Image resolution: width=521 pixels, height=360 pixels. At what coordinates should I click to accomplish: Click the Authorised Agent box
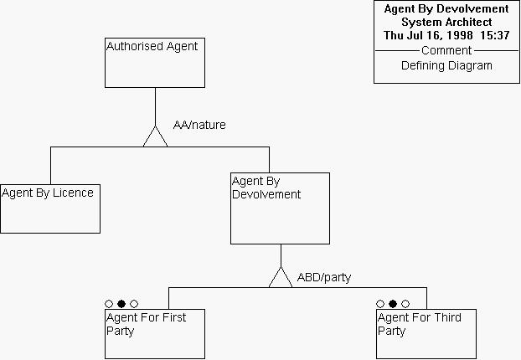click(155, 62)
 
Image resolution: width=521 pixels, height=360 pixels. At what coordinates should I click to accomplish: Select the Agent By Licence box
click(50, 208)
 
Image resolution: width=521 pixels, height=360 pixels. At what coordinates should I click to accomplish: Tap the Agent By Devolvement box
click(281, 208)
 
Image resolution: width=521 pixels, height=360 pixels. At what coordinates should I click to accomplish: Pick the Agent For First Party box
click(155, 334)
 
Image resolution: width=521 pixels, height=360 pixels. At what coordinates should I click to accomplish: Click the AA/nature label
click(199, 126)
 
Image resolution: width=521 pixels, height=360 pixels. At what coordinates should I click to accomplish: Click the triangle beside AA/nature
click(156, 137)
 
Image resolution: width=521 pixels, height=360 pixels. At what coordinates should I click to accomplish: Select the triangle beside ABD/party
click(281, 278)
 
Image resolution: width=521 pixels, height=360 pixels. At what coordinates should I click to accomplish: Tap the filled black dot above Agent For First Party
click(121, 304)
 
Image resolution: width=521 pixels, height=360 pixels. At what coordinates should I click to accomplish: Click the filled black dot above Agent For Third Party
click(393, 304)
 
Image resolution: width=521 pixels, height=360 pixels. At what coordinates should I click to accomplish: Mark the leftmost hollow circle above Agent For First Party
click(109, 304)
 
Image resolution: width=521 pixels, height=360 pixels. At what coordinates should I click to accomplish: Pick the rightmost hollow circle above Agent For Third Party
click(405, 304)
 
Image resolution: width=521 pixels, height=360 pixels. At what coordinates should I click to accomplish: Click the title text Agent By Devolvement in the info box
click(446, 9)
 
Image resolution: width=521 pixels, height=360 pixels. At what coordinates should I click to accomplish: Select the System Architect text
click(446, 22)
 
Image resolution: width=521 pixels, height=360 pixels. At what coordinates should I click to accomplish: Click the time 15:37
click(494, 35)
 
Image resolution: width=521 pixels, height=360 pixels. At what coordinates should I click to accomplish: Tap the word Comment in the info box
click(446, 50)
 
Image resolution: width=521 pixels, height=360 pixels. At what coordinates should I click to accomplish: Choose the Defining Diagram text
click(446, 65)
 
